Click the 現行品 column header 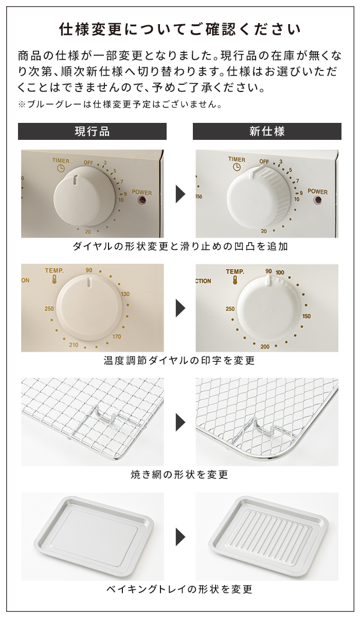pyautogui.click(x=92, y=131)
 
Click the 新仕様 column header pyautogui.click(x=267, y=131)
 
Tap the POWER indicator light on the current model pyautogui.click(x=142, y=201)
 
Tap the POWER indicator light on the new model pyautogui.click(x=318, y=199)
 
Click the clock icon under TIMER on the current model pyautogui.click(x=61, y=168)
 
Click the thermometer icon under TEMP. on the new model pyautogui.click(x=235, y=281)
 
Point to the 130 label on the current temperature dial pyautogui.click(x=125, y=294)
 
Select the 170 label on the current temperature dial pyautogui.click(x=117, y=336)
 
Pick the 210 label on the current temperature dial pyautogui.click(x=74, y=344)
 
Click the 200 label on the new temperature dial pyautogui.click(x=265, y=347)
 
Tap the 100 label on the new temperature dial pyautogui.click(x=280, y=273)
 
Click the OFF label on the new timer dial pyautogui.click(x=264, y=161)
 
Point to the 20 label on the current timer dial pyautogui.click(x=88, y=232)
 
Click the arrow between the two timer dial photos pyautogui.click(x=181, y=194)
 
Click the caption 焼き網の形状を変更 pyautogui.click(x=179, y=474)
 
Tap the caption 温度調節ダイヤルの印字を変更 pyautogui.click(x=179, y=360)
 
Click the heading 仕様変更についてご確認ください pyautogui.click(x=180, y=29)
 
